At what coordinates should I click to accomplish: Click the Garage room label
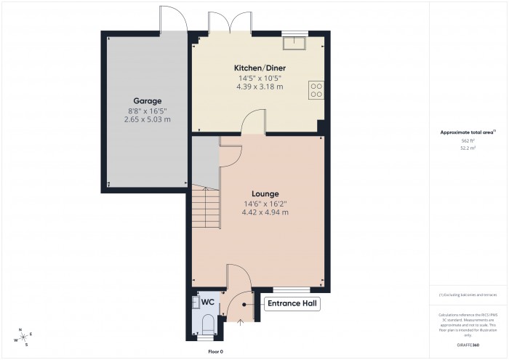tap(147, 100)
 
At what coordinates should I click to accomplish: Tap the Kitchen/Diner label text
tap(259, 67)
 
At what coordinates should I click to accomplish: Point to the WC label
tap(207, 301)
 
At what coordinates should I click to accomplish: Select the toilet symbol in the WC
tap(207, 325)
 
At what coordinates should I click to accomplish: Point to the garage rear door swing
tap(172, 17)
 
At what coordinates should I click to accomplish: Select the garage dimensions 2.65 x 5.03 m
tap(147, 119)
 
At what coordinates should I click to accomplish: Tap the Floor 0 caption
tap(216, 352)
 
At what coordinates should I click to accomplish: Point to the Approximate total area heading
tap(467, 132)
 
